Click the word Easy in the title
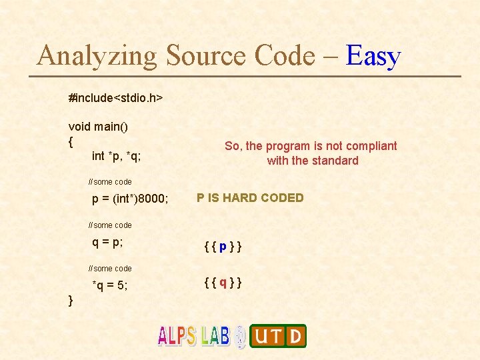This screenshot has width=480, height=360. click(373, 56)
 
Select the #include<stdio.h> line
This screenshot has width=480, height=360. click(115, 98)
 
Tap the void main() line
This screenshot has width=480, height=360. click(98, 127)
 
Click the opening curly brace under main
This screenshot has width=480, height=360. click(71, 141)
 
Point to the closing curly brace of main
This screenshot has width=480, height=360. click(71, 301)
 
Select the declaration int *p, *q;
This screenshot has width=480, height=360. click(116, 156)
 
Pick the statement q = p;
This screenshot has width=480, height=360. click(107, 243)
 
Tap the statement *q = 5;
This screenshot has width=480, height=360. click(110, 286)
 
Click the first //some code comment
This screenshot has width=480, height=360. click(110, 181)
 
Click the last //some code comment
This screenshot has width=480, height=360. click(110, 268)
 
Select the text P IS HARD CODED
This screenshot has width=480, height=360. click(250, 198)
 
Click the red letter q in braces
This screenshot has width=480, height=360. click(222, 283)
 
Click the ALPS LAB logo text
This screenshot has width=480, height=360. click(193, 335)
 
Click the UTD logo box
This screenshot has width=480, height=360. click(278, 336)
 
